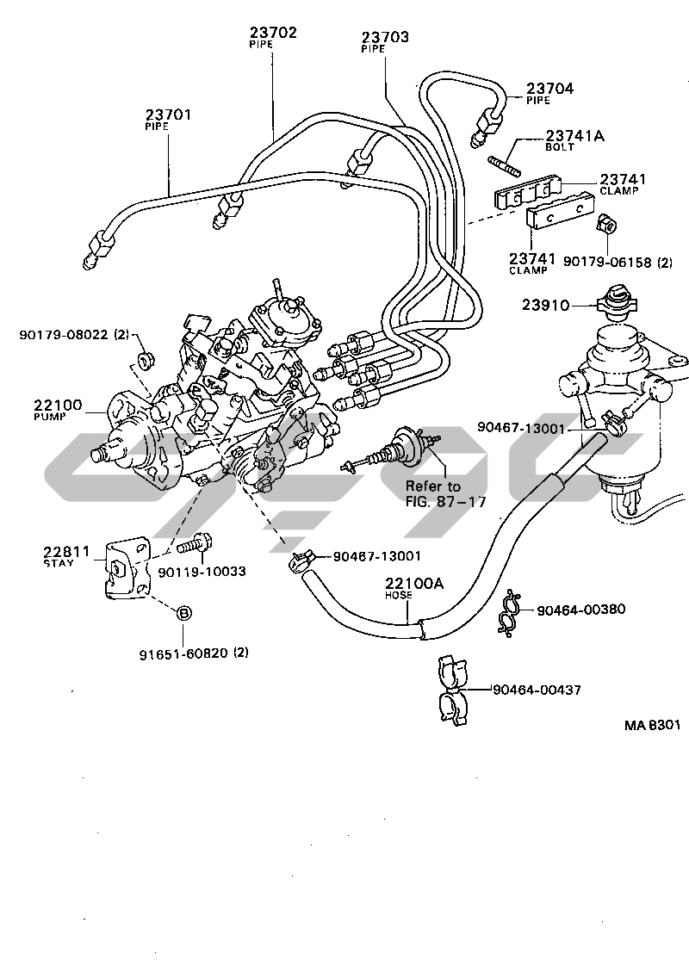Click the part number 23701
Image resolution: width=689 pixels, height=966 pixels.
pos(168,114)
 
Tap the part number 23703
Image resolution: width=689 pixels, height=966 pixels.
pos(385,38)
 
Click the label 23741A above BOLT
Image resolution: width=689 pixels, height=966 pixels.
pos(574,136)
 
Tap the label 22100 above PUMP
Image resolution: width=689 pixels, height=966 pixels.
pos(58,404)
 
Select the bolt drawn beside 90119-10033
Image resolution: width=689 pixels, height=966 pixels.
pos(196,545)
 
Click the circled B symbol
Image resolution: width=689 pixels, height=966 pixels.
pos(183,614)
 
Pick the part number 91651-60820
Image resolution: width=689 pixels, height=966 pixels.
pos(183,653)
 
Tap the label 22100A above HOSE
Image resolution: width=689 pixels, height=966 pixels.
pos(413,584)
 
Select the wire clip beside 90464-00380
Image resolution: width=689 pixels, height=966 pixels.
pos(510,610)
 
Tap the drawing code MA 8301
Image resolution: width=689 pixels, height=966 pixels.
pos(652,725)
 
